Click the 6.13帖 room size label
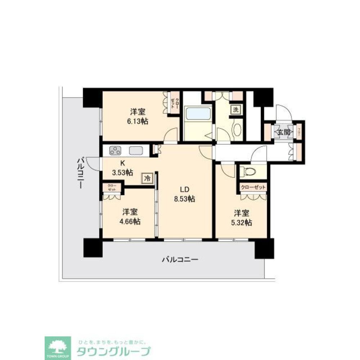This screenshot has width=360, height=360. (137, 121)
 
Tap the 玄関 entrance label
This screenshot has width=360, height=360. (283, 132)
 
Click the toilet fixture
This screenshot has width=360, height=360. (247, 171)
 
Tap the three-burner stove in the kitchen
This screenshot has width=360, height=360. (116, 150)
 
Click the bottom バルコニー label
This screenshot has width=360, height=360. (180, 259)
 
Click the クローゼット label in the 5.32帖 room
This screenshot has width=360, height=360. (253, 188)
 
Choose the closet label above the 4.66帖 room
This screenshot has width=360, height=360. (112, 187)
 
